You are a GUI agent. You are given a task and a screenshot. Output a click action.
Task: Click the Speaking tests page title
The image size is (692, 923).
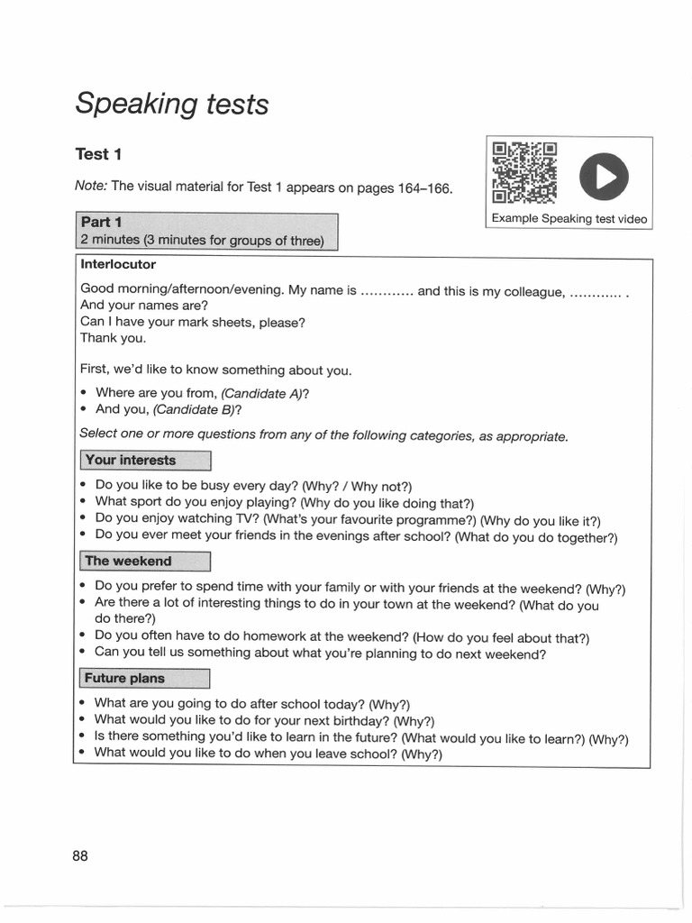(171, 104)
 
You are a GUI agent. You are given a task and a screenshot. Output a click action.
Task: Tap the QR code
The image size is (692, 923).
(525, 171)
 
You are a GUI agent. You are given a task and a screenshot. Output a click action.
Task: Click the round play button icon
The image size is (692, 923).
(600, 177)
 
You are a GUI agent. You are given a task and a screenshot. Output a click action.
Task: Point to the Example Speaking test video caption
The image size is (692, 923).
(569, 219)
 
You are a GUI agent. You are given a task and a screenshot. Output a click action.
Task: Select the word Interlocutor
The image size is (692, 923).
(118, 264)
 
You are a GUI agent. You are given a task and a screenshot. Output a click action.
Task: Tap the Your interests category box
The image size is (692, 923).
(144, 460)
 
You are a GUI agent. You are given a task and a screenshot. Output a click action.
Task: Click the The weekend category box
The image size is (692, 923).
(144, 561)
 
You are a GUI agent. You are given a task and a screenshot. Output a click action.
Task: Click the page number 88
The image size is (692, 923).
(80, 855)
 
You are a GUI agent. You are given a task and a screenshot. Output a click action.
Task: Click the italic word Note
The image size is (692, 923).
(91, 186)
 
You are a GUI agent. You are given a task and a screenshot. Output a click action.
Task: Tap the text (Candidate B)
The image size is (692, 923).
(196, 409)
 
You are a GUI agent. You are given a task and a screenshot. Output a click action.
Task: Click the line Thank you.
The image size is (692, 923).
(113, 338)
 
